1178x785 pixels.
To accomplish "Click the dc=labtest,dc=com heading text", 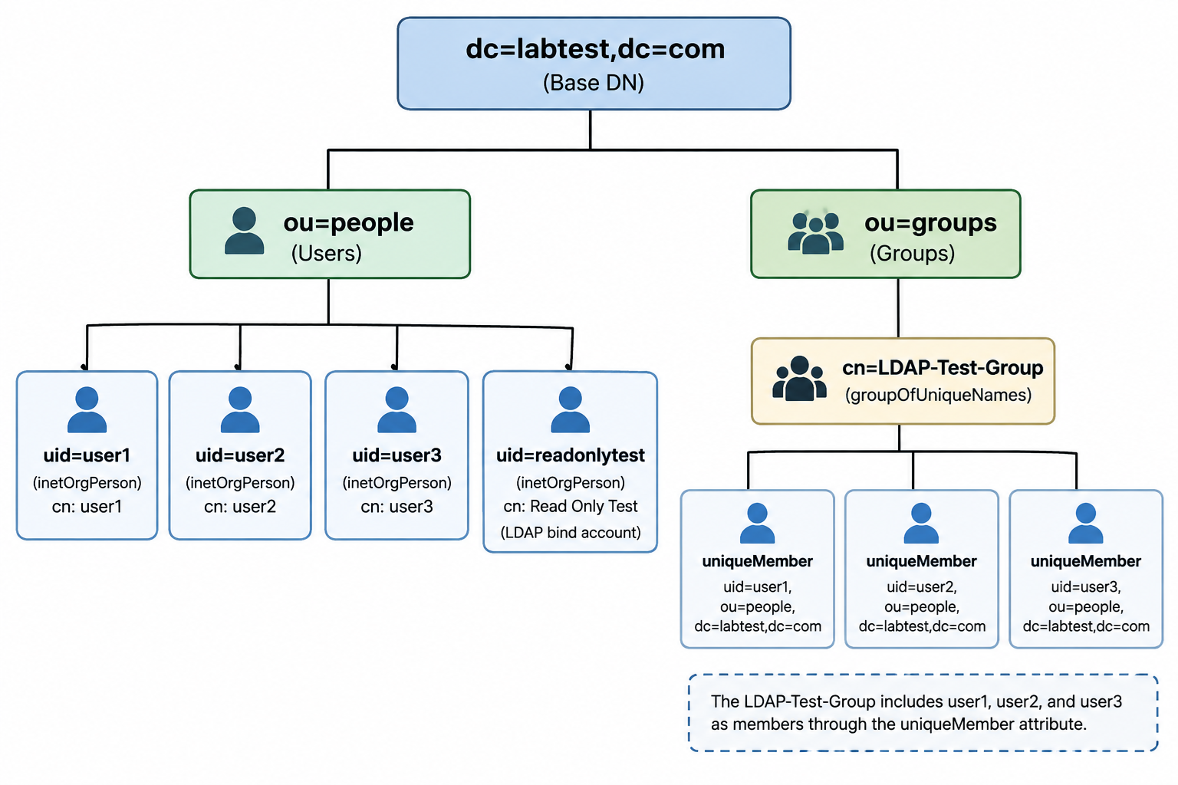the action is coord(595,49).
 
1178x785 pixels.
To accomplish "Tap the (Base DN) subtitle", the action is coord(594,83).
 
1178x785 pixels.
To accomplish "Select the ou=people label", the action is coord(348,223).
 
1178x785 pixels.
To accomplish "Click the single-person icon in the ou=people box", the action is coord(244,231).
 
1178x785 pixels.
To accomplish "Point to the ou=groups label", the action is coord(930,223).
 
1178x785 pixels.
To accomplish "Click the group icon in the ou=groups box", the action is coord(816,233).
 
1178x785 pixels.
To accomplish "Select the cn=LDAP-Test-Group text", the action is coord(943,367).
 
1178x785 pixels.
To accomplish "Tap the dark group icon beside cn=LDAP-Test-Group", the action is coord(799,379).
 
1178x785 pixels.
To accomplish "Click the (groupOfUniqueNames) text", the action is coord(938,395).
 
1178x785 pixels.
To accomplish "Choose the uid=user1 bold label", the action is coord(87,455).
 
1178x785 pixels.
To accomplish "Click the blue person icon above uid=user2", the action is coord(240,409).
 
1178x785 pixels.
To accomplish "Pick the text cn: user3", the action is coord(397,506).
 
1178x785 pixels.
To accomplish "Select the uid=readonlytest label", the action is coord(570,455).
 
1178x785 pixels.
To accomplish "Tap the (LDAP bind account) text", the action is coord(571,533).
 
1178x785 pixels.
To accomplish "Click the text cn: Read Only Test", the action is coord(570,506).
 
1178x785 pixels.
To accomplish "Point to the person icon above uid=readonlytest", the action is coord(570,409).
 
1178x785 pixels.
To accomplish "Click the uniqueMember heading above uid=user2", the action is coord(921,561).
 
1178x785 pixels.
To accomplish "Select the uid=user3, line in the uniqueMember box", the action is coord(1085,586).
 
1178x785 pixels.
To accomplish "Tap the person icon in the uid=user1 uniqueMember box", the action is coord(757,523).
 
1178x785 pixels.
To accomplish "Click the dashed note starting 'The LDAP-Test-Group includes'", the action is coord(923,712).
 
